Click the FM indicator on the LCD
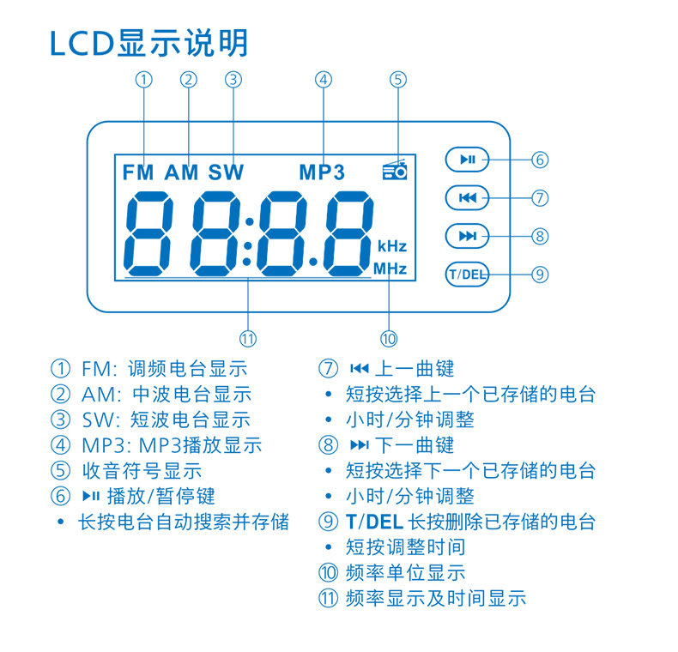coord(137,172)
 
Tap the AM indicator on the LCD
coord(181,172)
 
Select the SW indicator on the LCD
coord(226,172)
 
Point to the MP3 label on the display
coord(322,172)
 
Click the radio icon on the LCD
coord(395,170)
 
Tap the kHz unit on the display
coord(391,245)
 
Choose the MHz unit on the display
coord(390,269)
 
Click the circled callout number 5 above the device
coord(397,80)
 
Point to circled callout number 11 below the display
coord(249,337)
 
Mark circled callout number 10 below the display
coord(389,338)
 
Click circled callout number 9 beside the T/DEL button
coord(539,275)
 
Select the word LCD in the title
coord(82,44)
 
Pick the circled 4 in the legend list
coord(60,445)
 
